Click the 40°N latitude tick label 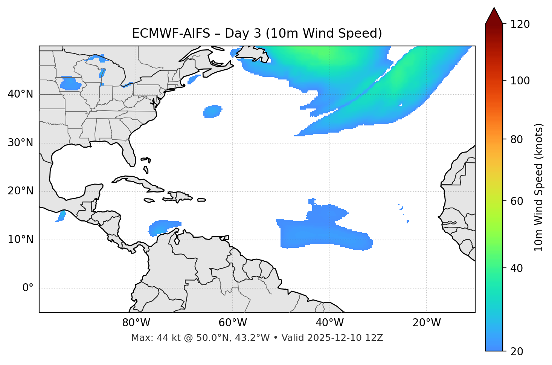click(20, 94)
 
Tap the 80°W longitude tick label click(136, 323)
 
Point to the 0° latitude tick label click(28, 288)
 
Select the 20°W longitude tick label click(427, 323)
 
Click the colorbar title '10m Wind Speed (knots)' click(539, 187)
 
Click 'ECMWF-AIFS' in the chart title click(171, 34)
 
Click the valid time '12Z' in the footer click(375, 338)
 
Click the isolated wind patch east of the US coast click(212, 111)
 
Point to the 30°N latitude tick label click(20, 143)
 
